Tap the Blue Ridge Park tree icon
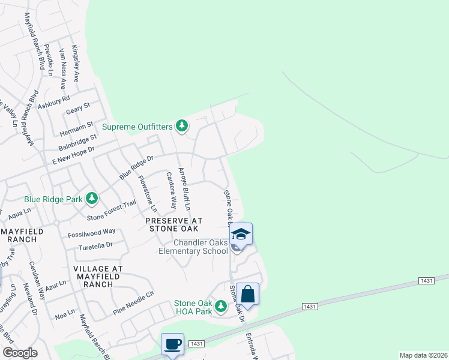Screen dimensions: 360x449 click(x=91, y=197)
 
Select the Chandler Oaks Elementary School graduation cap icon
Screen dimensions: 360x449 click(x=241, y=233)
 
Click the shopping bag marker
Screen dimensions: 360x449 click(x=247, y=294)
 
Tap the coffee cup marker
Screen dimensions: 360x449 click(x=172, y=344)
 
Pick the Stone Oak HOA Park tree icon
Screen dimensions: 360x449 click(x=221, y=307)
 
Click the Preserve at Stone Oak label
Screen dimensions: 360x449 click(x=174, y=224)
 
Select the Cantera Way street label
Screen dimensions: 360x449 click(x=171, y=190)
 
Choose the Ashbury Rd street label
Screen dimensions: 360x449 click(x=54, y=101)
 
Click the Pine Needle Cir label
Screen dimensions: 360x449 click(x=134, y=303)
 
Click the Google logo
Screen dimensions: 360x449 click(x=20, y=353)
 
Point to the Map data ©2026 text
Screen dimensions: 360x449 click(x=423, y=355)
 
